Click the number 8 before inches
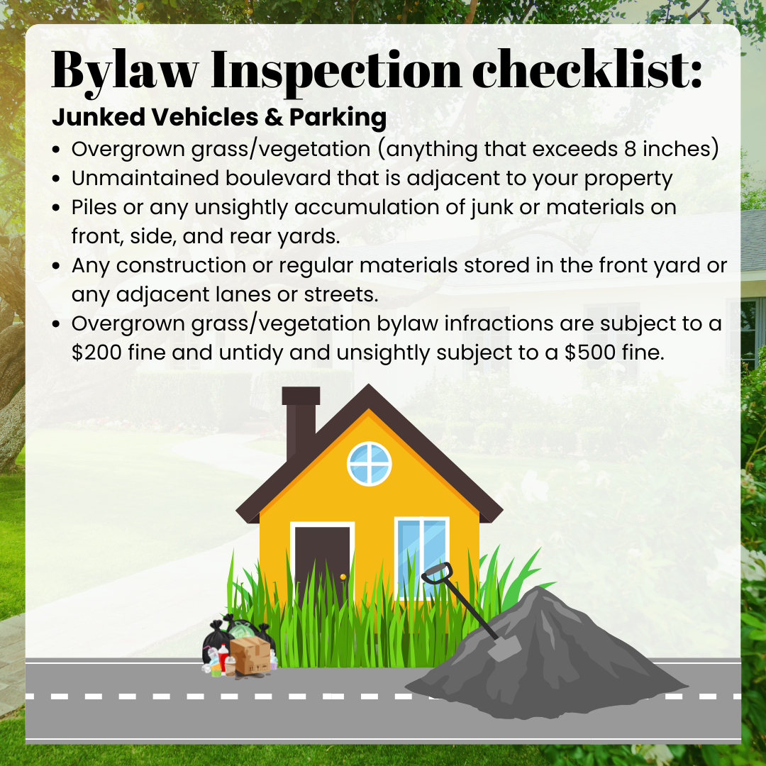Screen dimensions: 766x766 coord(631,149)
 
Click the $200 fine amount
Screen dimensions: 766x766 coord(96,353)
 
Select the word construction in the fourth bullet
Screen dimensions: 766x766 coord(181,266)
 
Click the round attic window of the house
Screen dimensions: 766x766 coord(370,464)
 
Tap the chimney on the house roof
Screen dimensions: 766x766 coord(300,420)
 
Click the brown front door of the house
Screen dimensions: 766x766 coord(322,562)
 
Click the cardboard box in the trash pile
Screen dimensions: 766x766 coord(250,655)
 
